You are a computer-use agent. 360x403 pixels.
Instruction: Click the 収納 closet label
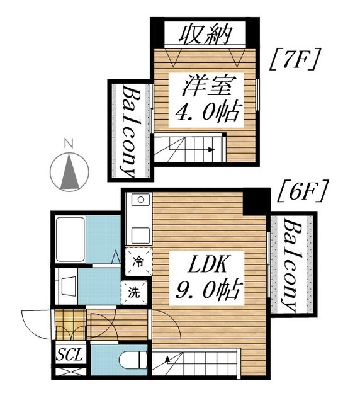[205, 34]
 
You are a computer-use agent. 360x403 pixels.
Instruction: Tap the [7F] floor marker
[295, 59]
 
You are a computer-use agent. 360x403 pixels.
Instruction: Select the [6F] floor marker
[303, 191]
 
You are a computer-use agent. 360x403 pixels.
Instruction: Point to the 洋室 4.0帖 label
[206, 99]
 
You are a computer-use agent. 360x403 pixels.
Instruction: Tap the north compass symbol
[69, 169]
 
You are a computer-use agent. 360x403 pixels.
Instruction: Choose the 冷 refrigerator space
[138, 262]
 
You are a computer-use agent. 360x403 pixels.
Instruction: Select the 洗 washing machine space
[134, 293]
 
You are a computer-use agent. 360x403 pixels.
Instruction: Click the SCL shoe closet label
[70, 355]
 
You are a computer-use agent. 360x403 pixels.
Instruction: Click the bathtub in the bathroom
[70, 239]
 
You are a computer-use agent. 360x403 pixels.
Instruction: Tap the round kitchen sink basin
[140, 200]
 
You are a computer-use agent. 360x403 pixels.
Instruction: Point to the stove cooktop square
[140, 235]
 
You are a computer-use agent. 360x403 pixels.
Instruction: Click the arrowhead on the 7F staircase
[211, 150]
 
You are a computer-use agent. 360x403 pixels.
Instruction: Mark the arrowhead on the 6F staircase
[168, 359]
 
